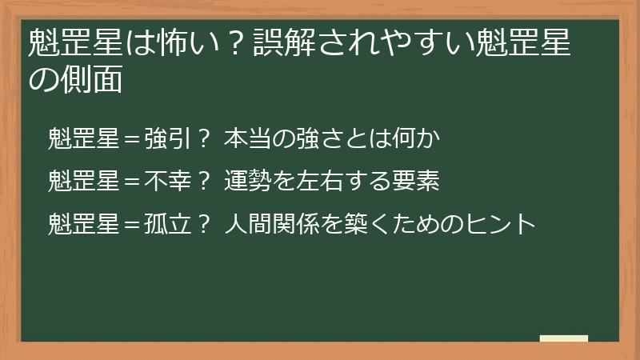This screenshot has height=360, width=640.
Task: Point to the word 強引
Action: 167,138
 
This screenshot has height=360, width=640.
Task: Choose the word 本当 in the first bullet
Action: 247,138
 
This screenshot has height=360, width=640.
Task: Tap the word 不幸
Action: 167,181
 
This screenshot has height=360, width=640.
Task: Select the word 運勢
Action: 247,181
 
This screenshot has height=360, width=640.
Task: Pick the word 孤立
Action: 167,223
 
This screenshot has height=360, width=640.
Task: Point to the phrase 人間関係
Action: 271,223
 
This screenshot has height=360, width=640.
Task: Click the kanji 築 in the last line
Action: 358,223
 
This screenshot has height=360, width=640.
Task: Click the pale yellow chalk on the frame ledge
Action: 564,339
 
